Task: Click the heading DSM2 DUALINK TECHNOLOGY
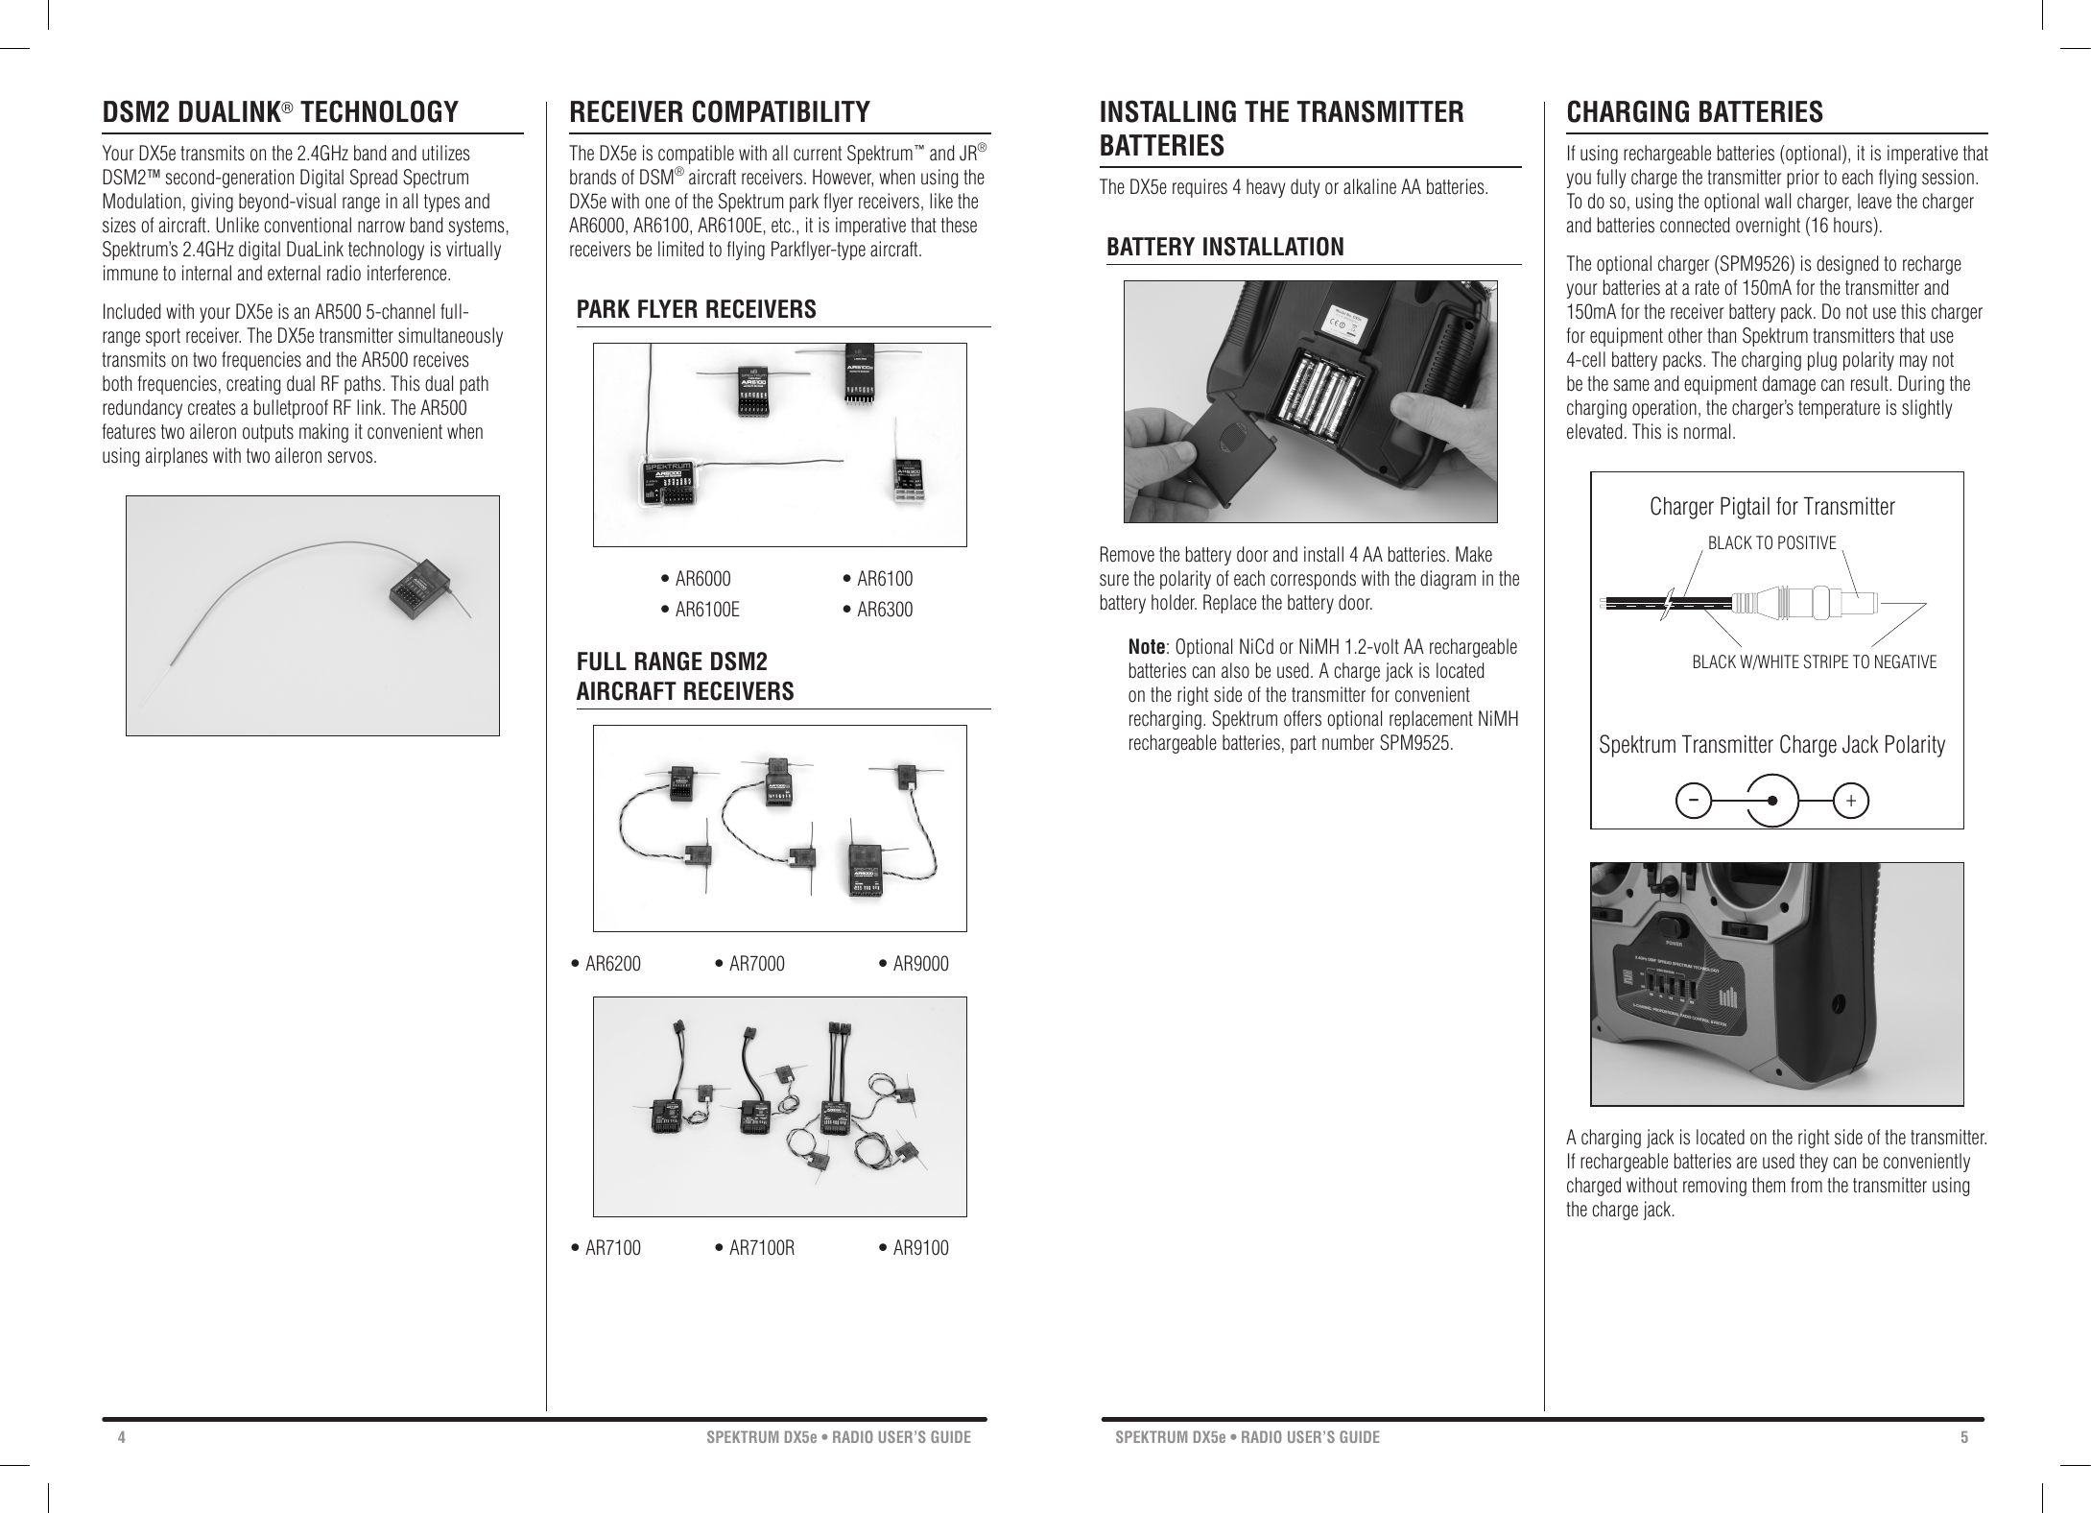pos(280,112)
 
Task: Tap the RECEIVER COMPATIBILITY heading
pos(720,112)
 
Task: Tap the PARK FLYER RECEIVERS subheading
pos(696,310)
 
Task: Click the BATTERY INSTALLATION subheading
pos(1224,248)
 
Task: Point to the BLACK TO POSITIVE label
pos(1771,543)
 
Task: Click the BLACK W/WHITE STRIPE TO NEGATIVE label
pos(1814,662)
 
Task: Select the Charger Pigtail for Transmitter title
pos(1771,507)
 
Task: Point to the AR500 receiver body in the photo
pos(417,590)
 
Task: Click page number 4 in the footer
pos(122,1437)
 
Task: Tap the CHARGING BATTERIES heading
pos(1694,112)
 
